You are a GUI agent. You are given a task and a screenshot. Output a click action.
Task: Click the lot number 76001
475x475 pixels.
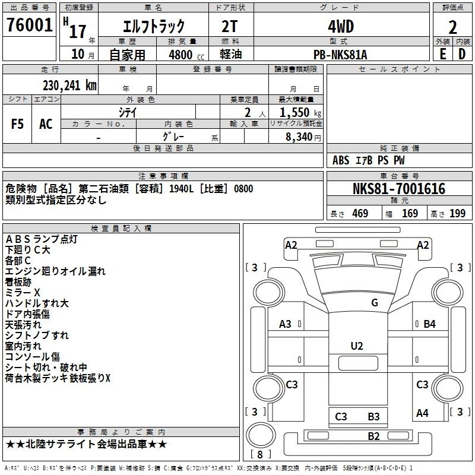pos(30,26)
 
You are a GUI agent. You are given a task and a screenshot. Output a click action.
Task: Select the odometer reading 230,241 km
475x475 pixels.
pos(69,85)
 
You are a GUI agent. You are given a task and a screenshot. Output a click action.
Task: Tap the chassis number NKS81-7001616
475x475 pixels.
pos(398,189)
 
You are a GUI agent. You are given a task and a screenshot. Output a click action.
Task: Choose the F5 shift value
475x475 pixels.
pos(18,124)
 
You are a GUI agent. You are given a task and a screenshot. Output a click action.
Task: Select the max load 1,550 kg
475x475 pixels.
pos(300,112)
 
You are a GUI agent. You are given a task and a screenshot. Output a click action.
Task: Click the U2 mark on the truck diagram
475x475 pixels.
pos(357,346)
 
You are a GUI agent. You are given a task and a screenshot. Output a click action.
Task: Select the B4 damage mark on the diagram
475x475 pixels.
pos(429,324)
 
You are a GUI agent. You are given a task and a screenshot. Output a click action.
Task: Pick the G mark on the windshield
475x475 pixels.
pos(374,303)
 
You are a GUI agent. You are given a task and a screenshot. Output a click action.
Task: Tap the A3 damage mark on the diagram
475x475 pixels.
pos(285,324)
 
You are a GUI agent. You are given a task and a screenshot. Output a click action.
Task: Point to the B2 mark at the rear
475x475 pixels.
pos(373,436)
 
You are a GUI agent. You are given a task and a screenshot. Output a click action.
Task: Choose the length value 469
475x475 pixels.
pos(359,214)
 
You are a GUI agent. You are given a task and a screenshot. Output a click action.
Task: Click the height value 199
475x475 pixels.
pos(457,214)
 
